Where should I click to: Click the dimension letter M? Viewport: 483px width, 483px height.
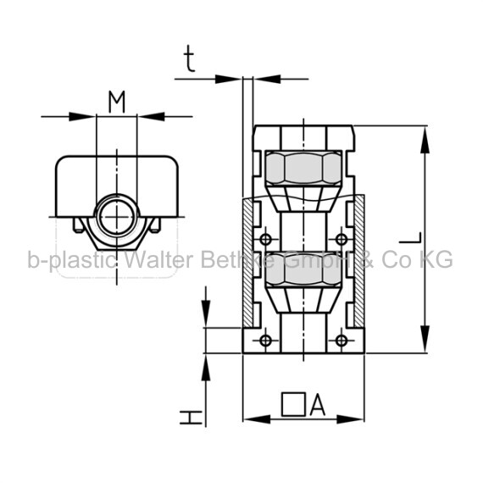[x=117, y=102]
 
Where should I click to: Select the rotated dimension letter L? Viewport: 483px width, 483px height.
[x=410, y=237]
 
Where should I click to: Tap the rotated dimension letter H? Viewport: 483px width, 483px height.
[x=191, y=417]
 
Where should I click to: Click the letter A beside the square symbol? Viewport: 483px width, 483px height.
[x=317, y=405]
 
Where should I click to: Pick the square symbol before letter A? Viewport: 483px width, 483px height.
[x=293, y=404]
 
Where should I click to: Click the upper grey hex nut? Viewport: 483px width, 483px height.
[x=303, y=168]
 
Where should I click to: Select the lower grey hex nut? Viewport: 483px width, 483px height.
[x=303, y=269]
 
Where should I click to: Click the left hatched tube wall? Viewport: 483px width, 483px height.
[x=248, y=263]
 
